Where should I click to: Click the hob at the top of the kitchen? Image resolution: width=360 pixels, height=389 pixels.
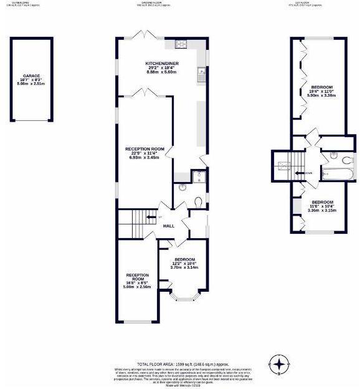182,44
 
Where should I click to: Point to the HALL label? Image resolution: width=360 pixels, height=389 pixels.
168,226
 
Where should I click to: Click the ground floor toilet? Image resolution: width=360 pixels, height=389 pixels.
197,201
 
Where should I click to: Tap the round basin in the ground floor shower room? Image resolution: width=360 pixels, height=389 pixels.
182,186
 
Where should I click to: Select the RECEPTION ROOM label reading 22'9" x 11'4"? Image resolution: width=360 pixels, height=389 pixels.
144,149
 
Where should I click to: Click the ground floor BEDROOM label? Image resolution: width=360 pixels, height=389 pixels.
184,259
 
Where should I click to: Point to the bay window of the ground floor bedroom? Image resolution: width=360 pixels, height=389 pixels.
185,298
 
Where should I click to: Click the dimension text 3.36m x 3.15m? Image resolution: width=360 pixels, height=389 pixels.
322,211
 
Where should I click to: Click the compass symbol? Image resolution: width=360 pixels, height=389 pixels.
280,362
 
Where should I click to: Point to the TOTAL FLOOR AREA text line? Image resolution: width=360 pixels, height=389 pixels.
179,363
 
